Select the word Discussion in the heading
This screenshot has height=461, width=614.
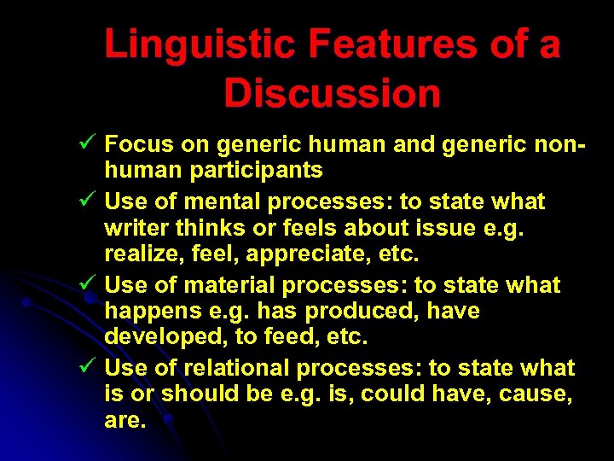[x=333, y=94]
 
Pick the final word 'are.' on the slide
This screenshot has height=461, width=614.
[x=125, y=421]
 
